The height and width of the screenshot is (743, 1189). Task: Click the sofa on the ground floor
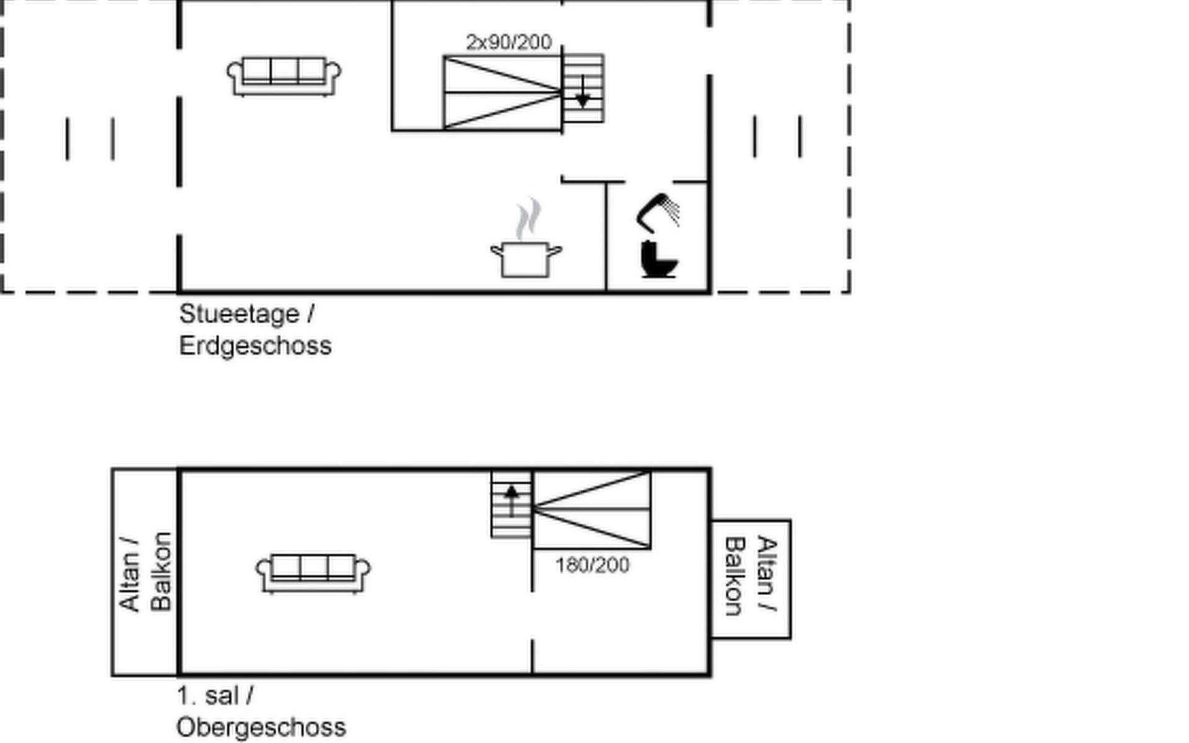(284, 77)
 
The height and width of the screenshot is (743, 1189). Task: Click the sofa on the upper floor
(313, 574)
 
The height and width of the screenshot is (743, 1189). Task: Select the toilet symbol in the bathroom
(659, 259)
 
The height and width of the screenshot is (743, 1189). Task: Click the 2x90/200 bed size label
(508, 42)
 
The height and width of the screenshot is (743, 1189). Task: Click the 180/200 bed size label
(593, 565)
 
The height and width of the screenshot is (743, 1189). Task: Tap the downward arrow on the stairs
(583, 92)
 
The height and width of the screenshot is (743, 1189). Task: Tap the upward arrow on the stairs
(512, 501)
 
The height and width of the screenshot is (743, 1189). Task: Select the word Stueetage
(239, 314)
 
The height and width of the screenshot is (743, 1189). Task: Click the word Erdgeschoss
(255, 345)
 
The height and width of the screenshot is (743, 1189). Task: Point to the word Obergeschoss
(261, 728)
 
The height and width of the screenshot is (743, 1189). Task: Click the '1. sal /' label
(215, 696)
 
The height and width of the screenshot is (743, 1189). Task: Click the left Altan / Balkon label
(145, 571)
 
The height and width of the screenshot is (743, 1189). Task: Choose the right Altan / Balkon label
(751, 576)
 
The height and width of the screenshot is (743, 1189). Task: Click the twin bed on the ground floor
(502, 92)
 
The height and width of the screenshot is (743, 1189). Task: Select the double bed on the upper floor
(591, 510)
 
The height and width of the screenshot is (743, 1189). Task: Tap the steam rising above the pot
(528, 219)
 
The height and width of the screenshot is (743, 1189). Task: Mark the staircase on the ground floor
(583, 89)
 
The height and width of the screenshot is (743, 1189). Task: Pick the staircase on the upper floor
(512, 504)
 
